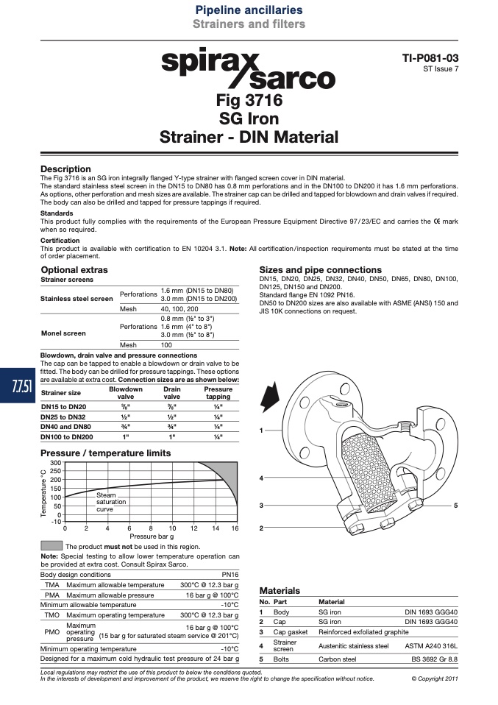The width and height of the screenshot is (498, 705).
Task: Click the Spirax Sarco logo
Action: click(x=249, y=68)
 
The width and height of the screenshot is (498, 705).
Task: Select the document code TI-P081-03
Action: click(x=430, y=58)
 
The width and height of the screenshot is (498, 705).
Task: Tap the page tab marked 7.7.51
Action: click(x=17, y=386)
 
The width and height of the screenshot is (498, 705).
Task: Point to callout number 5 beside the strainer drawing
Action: click(x=455, y=506)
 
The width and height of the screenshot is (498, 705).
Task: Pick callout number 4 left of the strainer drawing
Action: click(x=261, y=478)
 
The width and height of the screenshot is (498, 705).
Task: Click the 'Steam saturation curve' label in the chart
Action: click(x=111, y=502)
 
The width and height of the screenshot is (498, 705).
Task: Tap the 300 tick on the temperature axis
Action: click(x=55, y=463)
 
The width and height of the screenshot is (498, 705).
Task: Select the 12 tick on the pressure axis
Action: click(x=194, y=528)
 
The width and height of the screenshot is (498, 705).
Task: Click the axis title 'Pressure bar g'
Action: click(x=152, y=536)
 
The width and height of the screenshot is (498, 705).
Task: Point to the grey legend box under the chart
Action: click(x=51, y=545)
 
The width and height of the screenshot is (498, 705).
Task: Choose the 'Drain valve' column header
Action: click(x=171, y=393)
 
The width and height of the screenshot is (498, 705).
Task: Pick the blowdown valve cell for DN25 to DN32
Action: click(x=125, y=417)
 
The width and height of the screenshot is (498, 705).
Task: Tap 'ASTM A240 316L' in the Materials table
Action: click(x=431, y=646)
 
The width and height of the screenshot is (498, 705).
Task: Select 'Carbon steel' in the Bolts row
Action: click(x=337, y=659)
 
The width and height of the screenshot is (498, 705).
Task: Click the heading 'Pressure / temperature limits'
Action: click(x=106, y=453)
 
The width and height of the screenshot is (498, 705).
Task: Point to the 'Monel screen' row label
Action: click(x=63, y=333)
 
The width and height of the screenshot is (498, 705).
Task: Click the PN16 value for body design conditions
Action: click(x=230, y=575)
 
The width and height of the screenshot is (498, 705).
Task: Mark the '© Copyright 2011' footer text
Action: click(x=435, y=679)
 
